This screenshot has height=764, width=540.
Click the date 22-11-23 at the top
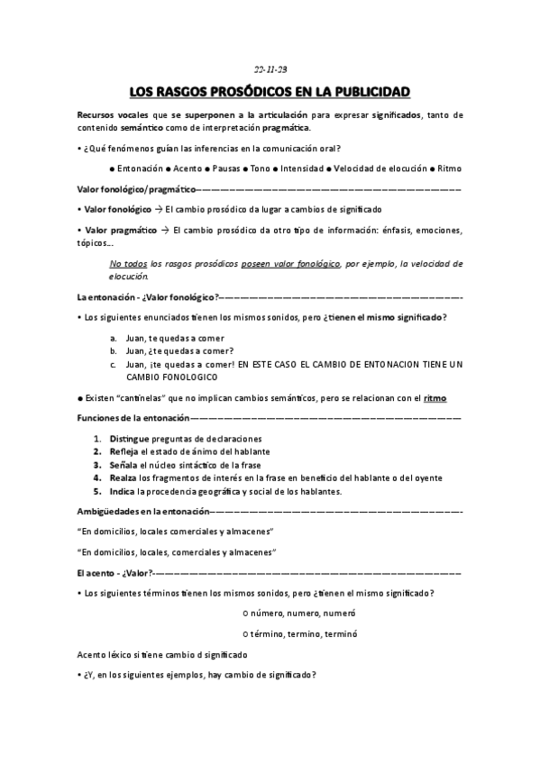coord(270,68)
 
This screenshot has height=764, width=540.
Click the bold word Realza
coord(125,478)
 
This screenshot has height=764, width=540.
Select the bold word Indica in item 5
coord(124,492)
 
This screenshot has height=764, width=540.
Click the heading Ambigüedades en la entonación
coord(149,512)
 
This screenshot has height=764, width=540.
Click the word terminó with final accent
coord(341,633)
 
